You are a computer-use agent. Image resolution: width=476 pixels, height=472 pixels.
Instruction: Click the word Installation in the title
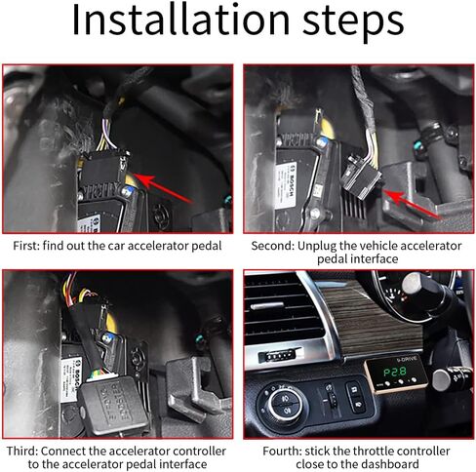180,20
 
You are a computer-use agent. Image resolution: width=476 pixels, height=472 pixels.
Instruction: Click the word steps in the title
353,23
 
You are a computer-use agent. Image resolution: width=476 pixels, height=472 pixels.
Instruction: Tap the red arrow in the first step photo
163,188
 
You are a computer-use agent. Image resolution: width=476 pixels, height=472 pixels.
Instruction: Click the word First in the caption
26,246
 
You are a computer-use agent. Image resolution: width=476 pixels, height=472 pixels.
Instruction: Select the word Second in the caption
272,246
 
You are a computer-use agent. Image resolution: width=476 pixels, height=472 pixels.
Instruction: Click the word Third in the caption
21,452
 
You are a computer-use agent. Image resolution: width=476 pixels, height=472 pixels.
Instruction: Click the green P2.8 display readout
395,373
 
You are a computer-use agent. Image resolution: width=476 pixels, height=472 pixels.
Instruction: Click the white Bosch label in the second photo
286,185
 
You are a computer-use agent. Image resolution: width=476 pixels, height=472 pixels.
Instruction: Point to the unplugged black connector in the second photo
361,176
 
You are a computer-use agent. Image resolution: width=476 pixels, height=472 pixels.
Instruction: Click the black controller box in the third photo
112,407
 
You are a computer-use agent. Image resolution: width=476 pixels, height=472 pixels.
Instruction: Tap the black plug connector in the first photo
103,170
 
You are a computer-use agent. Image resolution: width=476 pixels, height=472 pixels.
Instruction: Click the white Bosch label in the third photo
69,384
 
